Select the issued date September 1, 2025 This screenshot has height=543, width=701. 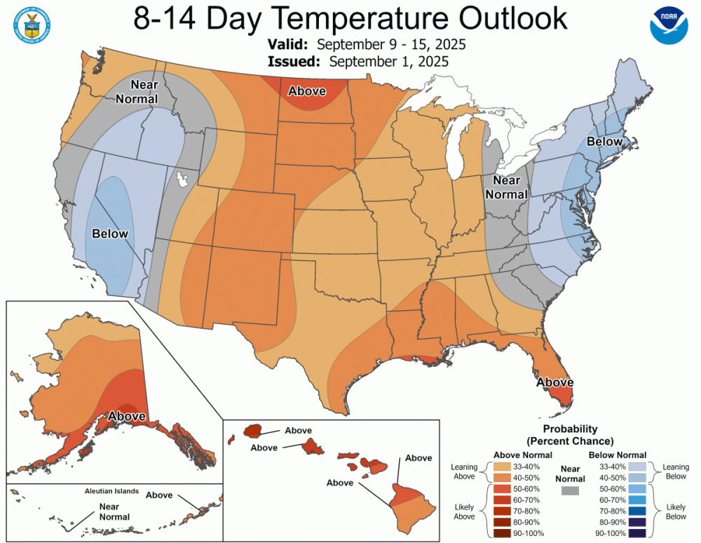(x=388, y=61)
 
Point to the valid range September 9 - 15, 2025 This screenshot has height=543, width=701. (x=391, y=44)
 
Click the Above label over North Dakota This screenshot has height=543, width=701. (x=307, y=91)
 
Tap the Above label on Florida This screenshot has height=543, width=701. (x=554, y=382)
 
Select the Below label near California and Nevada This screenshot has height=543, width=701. (x=110, y=234)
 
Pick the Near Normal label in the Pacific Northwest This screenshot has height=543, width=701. (x=137, y=92)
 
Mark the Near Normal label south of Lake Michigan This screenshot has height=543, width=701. (x=506, y=187)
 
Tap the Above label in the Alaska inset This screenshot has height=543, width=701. (x=127, y=416)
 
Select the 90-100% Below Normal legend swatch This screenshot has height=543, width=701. (x=637, y=532)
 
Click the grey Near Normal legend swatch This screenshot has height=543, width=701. (x=571, y=492)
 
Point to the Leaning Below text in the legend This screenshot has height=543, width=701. (x=675, y=471)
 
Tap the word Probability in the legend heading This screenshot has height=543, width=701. (x=569, y=429)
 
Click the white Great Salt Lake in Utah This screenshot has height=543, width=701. (x=184, y=180)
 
